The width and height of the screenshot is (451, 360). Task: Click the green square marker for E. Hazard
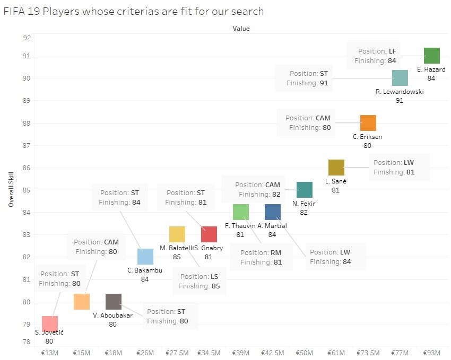click(x=431, y=56)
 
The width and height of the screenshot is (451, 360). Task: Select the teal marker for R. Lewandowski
click(x=400, y=78)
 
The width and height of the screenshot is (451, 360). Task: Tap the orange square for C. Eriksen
click(x=368, y=123)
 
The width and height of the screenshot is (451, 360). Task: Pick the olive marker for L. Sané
click(x=336, y=168)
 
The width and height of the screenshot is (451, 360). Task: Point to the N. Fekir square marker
click(x=304, y=190)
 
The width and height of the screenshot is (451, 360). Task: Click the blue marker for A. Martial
click(x=272, y=212)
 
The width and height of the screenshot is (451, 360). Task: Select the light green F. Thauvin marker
click(x=240, y=212)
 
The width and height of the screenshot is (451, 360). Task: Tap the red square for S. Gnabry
click(x=209, y=234)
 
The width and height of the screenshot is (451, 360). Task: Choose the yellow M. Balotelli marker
click(x=177, y=234)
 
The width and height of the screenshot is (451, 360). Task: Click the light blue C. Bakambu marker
click(x=145, y=257)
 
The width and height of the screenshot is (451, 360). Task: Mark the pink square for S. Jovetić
click(x=49, y=324)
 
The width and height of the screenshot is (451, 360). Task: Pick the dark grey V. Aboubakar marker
click(x=113, y=302)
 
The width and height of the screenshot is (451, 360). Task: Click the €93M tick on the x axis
click(x=431, y=353)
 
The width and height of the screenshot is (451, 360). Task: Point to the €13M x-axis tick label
click(x=49, y=353)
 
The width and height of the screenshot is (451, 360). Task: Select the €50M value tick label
click(x=304, y=353)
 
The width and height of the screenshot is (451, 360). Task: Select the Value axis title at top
click(x=240, y=29)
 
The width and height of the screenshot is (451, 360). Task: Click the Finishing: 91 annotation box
click(x=304, y=78)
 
